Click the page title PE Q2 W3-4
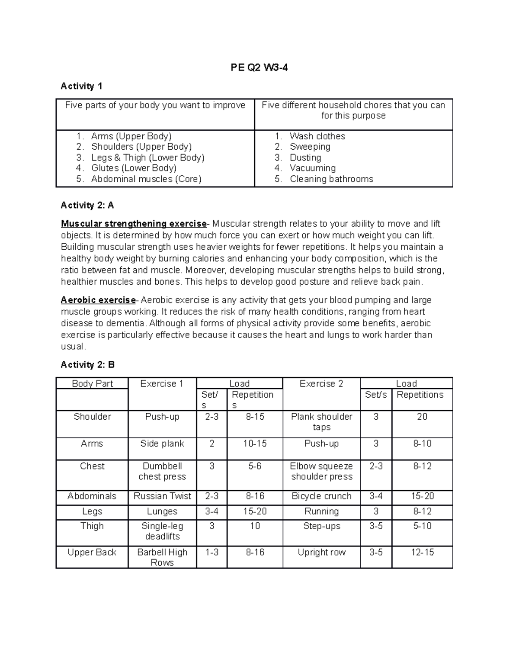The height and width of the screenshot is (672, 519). tap(259, 68)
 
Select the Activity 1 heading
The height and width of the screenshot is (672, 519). tap(81, 86)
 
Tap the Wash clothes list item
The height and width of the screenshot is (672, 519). tap(317, 136)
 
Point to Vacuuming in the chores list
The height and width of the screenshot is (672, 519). tap(312, 168)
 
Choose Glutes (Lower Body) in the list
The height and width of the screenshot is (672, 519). tap(134, 168)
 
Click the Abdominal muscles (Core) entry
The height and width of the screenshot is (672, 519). tap(146, 179)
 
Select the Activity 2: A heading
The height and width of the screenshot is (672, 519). tap(87, 205)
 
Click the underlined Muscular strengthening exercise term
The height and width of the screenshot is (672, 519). tap(134, 224)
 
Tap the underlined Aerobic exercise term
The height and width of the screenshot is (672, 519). tap(98, 300)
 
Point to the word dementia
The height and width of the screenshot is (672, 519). tap(127, 323)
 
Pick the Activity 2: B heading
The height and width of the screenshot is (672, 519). tap(88, 365)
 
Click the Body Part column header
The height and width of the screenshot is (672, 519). tap(92, 383)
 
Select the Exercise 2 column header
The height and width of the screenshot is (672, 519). tap(321, 383)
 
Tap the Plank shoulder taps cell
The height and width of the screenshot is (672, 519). tap(321, 422)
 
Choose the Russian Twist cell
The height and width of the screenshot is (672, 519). tap(162, 496)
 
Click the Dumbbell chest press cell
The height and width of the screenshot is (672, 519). tap(162, 471)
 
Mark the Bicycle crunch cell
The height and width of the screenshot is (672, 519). tap(321, 496)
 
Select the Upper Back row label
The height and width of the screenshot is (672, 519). tap(92, 553)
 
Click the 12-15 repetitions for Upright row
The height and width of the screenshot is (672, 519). tap(422, 553)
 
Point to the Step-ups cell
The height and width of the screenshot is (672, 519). tap(321, 526)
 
